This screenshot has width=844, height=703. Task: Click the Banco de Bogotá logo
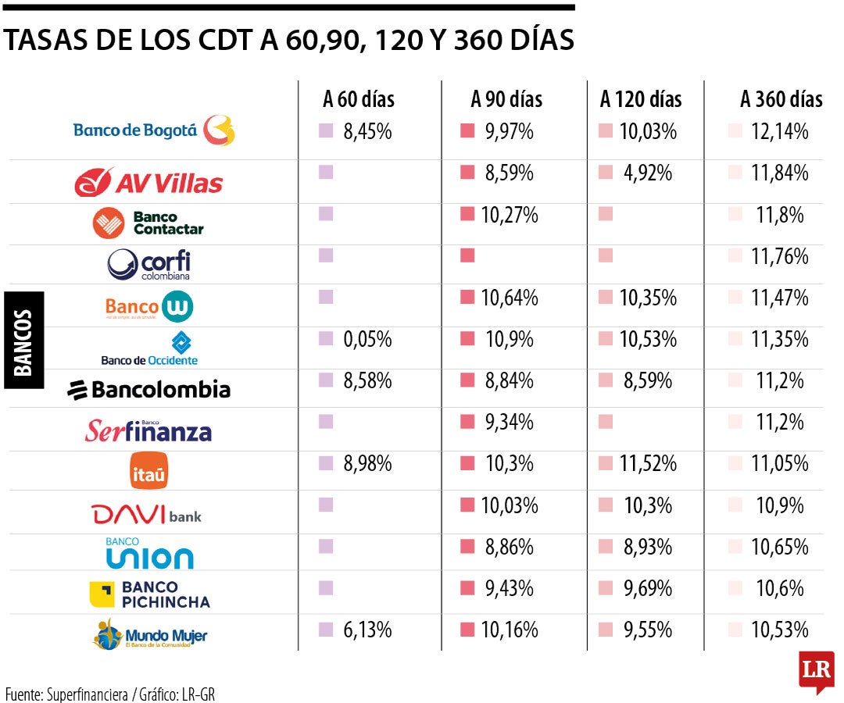point(154,130)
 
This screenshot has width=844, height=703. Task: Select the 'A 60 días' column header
point(359,99)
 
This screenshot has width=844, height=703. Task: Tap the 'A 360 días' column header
point(781,99)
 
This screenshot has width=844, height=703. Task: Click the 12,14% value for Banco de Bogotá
point(779,131)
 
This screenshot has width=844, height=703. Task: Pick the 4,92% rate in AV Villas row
point(647,173)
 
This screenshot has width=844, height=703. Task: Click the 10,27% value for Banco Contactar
point(509,215)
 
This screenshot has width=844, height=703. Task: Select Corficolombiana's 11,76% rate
point(779,256)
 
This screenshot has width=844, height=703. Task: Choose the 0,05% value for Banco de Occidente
point(367,339)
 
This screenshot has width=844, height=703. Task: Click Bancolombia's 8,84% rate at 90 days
point(509,380)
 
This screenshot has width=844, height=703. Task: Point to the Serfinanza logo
point(148,430)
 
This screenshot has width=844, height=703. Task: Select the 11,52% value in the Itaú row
point(647,463)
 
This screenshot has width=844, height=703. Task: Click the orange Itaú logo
point(148,472)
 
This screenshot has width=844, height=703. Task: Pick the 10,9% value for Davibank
point(779,505)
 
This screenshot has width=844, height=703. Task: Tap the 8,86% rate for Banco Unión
point(509,547)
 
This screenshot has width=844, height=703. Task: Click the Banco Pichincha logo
point(149,594)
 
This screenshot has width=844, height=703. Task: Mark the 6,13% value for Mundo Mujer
point(367,630)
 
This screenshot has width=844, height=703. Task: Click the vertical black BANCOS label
point(23,341)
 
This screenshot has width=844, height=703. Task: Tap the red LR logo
point(816,670)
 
